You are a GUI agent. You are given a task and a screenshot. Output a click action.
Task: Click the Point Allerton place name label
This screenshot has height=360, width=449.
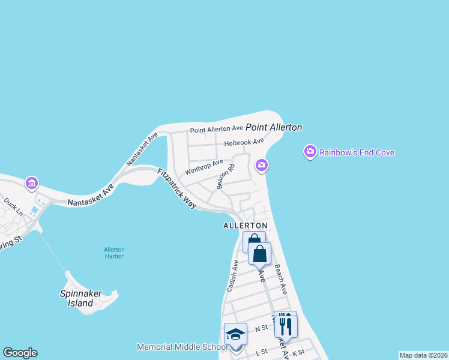pos(273,127)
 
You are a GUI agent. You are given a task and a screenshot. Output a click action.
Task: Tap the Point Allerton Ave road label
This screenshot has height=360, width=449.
pos(216,129)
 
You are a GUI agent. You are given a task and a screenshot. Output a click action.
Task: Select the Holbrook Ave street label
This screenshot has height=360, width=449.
pos(244,143)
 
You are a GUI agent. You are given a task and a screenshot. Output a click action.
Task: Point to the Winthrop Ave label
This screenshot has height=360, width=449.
pos(203,167)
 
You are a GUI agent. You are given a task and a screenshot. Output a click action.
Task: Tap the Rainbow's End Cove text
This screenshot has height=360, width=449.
pos(357,152)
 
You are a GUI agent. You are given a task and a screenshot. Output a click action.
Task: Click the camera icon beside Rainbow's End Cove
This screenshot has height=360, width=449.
pos(310,152)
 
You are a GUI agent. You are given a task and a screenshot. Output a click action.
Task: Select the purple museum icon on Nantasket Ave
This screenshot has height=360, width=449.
pos(32,182)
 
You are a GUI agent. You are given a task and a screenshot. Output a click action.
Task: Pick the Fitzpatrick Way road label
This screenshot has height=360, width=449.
pos(177,188)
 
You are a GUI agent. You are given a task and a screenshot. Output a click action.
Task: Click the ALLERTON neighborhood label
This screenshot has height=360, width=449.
pos(244,226)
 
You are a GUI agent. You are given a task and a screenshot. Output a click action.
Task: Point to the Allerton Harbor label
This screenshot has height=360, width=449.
pos(113,253)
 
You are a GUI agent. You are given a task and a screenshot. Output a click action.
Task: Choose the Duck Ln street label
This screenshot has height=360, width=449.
pos(13,207)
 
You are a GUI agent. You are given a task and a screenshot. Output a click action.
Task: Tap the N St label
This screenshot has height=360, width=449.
pos(261,329)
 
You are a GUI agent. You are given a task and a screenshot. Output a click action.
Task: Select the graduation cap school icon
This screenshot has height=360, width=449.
pos(235,334)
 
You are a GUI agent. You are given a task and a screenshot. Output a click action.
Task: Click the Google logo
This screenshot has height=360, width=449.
pos(20,353)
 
